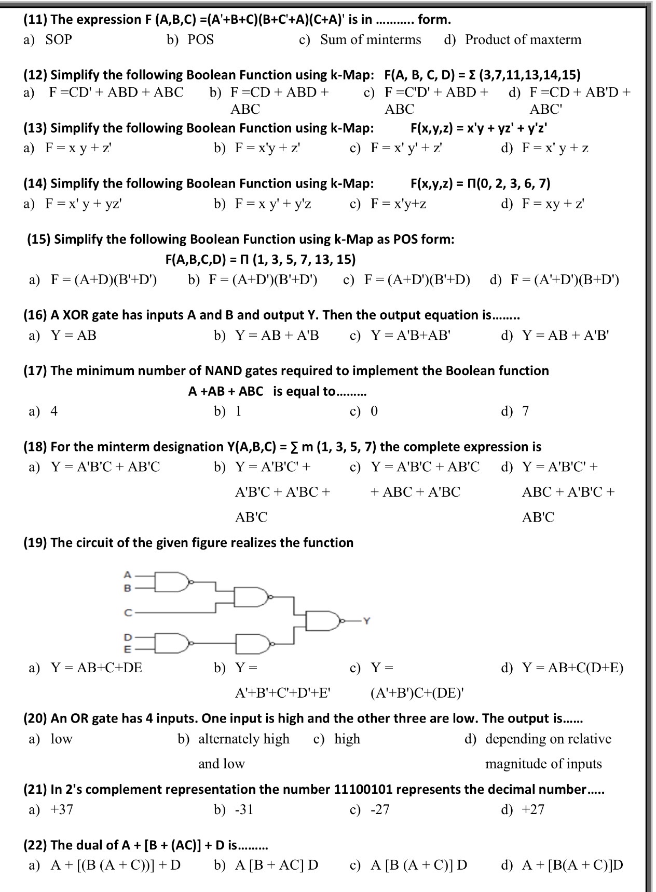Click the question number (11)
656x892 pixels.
(36, 20)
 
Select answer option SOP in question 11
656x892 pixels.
(58, 39)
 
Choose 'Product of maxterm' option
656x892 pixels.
(523, 39)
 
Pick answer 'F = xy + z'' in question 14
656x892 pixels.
(553, 204)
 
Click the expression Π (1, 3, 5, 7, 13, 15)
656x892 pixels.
(303, 259)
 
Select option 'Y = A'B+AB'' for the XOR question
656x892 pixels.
(411, 336)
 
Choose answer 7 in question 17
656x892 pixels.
(525, 411)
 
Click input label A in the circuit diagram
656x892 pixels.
(127, 575)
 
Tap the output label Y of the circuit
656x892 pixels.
(367, 620)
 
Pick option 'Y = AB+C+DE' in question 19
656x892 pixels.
(96, 668)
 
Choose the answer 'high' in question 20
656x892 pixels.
(347, 739)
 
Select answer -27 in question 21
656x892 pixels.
(379, 810)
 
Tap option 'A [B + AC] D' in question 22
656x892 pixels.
(276, 866)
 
